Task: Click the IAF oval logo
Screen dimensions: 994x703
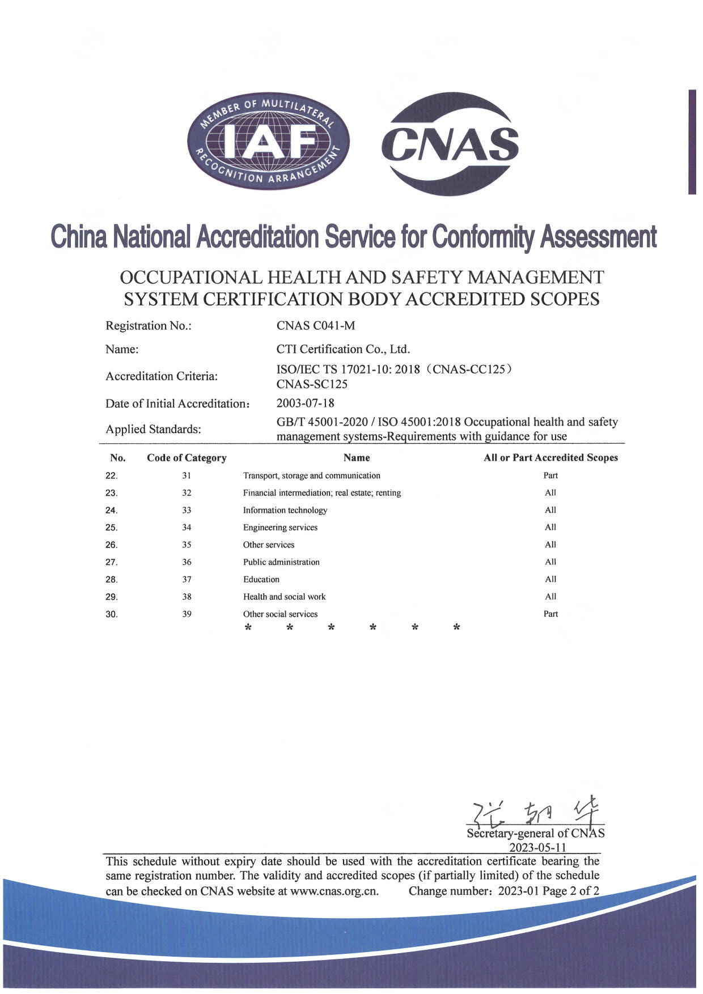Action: tap(269, 142)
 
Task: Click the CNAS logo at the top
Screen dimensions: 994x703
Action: tap(450, 143)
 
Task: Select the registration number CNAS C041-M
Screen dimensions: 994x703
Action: tap(315, 326)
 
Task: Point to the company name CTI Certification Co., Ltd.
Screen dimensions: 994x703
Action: tap(343, 349)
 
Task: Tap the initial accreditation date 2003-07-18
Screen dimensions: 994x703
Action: tap(305, 403)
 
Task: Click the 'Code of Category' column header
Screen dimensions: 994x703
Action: tap(187, 458)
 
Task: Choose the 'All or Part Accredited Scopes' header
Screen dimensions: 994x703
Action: tap(550, 458)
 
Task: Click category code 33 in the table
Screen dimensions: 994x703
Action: tap(187, 510)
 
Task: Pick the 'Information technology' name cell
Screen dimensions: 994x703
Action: tap(285, 510)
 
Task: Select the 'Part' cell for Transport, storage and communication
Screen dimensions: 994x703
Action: tap(550, 475)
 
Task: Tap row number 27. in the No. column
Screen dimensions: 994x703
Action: tap(112, 562)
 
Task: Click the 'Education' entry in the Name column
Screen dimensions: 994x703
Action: tap(261, 579)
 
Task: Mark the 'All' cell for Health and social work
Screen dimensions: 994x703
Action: tap(550, 597)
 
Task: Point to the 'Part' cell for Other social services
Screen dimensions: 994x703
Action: tap(550, 614)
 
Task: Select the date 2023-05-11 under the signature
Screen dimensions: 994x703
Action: tap(537, 848)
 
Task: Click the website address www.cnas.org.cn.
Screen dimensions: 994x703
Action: tap(334, 891)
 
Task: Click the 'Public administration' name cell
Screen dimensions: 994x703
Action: tap(281, 562)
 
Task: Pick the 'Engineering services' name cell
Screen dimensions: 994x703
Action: tap(280, 528)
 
